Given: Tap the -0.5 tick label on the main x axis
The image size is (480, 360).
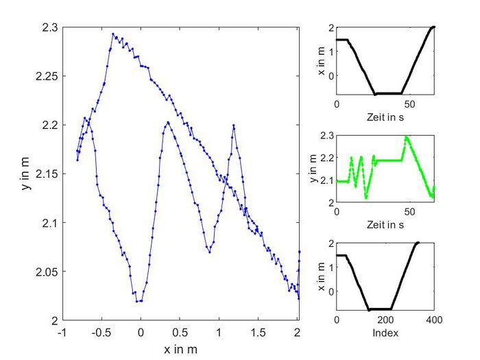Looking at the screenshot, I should click(x=101, y=332).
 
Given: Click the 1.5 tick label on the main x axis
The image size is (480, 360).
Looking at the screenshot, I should click(x=258, y=332).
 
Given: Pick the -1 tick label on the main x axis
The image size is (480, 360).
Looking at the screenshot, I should click(x=62, y=332).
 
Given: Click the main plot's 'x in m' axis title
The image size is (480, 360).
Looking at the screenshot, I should click(x=180, y=349).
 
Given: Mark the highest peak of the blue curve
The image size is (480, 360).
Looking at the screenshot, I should click(x=113, y=33).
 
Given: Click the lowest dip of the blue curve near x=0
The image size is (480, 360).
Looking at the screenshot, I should click(x=138, y=301).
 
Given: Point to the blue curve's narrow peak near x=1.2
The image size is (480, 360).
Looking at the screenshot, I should click(x=234, y=125).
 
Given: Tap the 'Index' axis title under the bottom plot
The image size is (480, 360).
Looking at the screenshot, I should click(x=385, y=333).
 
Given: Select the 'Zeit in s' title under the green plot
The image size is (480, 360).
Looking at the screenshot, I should click(x=385, y=225).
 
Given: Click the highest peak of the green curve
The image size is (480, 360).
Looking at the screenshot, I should click(x=406, y=136).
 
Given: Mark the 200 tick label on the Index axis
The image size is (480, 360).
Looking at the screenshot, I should click(x=385, y=320).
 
